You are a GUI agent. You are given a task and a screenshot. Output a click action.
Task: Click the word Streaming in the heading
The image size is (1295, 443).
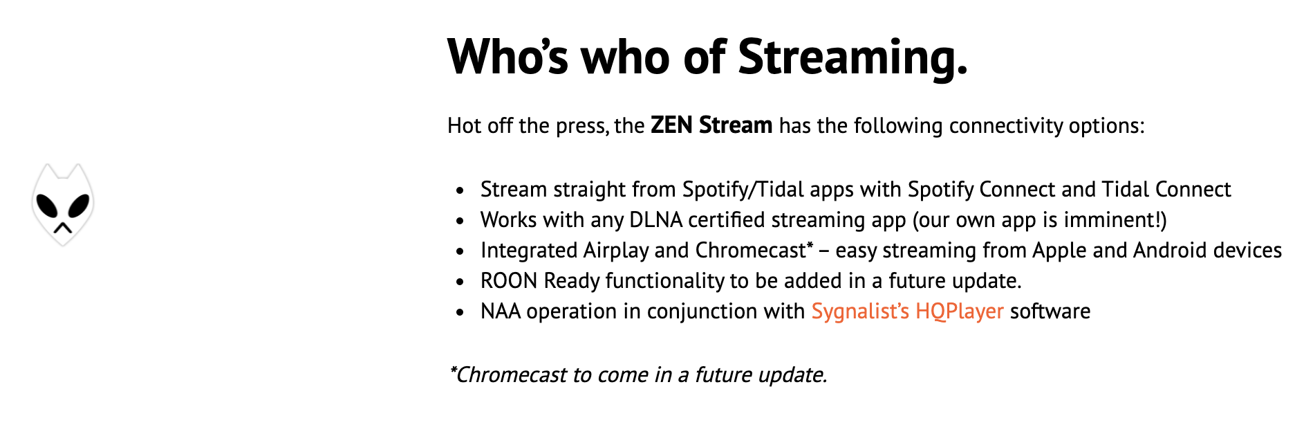pos(852,57)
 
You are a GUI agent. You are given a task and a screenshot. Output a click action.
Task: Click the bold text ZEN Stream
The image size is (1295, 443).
pos(711,125)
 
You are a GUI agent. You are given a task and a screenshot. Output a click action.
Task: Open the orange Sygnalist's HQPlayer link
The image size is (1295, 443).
pos(907,311)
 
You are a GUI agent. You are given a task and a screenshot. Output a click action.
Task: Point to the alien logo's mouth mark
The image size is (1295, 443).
pos(63,227)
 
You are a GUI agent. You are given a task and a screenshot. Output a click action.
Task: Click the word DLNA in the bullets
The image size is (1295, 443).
pos(655,220)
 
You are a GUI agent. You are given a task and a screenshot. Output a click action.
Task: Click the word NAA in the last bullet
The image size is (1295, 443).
pos(501,311)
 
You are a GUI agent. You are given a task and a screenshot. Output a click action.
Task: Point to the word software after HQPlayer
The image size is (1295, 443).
pos(1050,311)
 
